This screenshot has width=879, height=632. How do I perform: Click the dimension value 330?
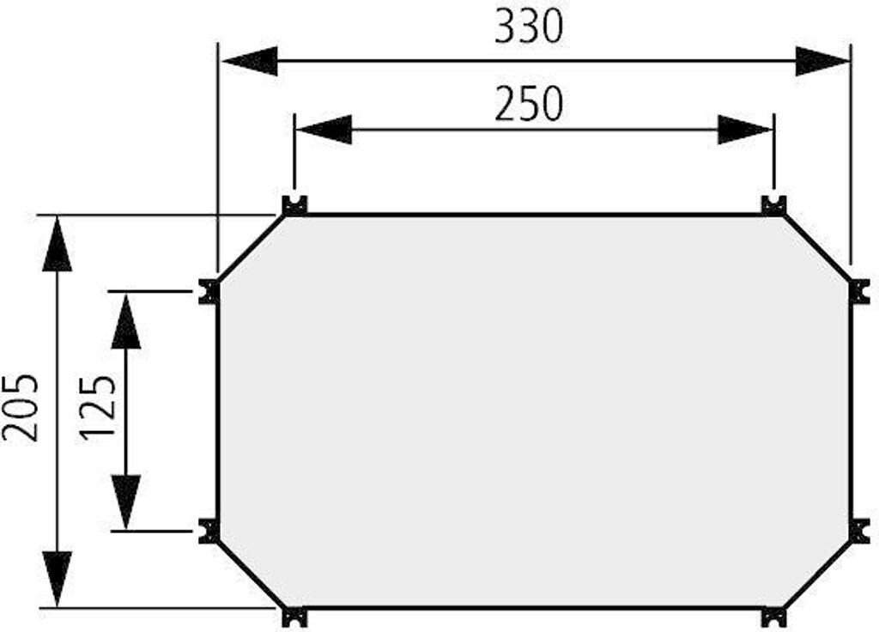coord(529,28)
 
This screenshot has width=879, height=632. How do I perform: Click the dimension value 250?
coord(529,104)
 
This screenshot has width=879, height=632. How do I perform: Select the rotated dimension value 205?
coord(21,406)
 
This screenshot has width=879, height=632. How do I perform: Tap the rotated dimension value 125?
coord(98,406)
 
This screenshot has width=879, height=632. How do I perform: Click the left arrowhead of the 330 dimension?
coord(250,62)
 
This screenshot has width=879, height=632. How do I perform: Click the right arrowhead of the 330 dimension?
coord(821,62)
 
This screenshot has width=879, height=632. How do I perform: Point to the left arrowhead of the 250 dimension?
coord(324,130)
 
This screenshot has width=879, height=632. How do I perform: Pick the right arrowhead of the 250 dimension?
coord(744,130)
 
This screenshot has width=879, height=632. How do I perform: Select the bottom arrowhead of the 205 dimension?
coord(57,578)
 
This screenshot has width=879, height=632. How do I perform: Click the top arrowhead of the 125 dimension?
coord(126,319)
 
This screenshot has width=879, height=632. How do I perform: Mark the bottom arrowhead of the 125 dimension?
coord(126,501)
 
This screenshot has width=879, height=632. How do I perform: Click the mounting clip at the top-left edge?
coord(294,204)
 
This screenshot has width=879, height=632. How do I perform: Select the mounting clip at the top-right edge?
coord(773,204)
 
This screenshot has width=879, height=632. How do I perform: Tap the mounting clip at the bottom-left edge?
coord(294,617)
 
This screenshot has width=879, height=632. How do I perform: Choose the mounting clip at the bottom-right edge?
coord(773,617)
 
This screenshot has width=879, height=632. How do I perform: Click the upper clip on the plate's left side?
coord(209,291)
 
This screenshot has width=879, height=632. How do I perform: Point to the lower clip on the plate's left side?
coord(209,531)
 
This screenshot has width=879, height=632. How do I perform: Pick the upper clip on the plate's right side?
coord(859,291)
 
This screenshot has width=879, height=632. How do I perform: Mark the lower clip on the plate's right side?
coord(859,531)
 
